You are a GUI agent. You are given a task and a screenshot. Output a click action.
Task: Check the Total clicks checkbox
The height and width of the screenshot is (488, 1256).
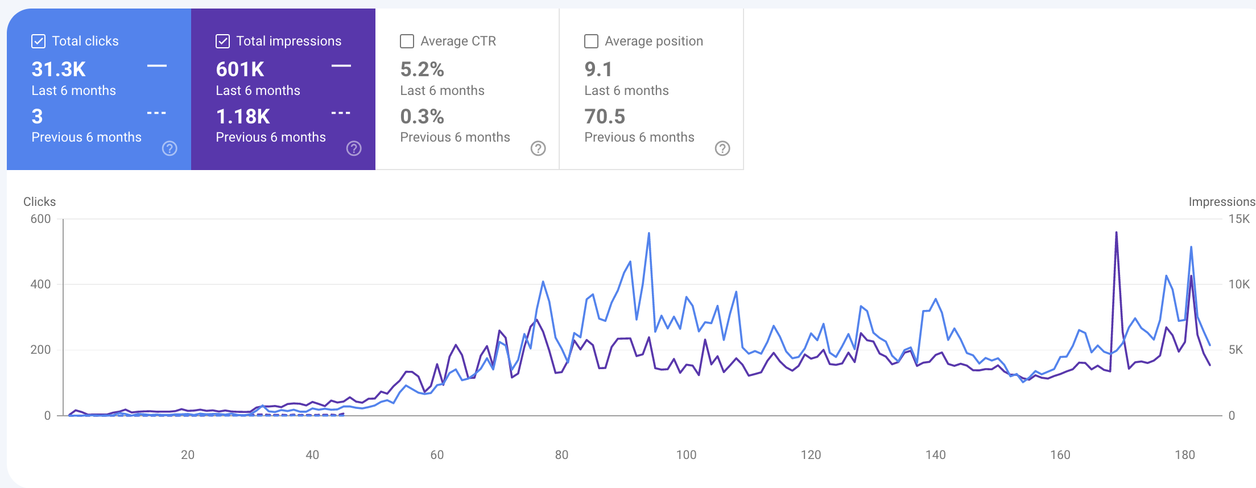[x=39, y=41]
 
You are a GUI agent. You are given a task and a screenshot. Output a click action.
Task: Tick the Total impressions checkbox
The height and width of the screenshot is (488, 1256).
[x=223, y=41]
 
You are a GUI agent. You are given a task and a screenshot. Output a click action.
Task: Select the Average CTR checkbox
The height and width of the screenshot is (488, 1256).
[x=407, y=41]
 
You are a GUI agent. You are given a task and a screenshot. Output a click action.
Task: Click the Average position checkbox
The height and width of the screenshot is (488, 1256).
[x=592, y=41]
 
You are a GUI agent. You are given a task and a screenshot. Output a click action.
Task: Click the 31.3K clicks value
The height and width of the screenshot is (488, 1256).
[x=59, y=69]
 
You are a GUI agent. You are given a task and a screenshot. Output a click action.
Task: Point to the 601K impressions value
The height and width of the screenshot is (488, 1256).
[x=240, y=69]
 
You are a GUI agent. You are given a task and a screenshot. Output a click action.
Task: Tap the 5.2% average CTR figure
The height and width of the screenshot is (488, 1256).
[x=422, y=69]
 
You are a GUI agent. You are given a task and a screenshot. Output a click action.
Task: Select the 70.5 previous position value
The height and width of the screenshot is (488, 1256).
[x=605, y=117]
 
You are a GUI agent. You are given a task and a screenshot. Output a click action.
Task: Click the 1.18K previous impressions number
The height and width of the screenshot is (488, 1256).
[x=243, y=117]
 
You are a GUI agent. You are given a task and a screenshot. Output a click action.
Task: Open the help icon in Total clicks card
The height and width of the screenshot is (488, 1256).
[x=170, y=148]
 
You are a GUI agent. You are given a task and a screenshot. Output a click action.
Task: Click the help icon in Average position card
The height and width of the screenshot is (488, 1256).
[x=722, y=148]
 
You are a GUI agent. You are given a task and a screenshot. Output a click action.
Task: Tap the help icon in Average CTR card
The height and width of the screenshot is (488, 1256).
[x=538, y=148]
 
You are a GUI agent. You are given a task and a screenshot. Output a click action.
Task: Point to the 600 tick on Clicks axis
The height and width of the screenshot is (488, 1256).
[x=40, y=219]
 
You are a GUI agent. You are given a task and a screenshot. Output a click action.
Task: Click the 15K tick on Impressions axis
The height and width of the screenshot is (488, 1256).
[x=1239, y=219]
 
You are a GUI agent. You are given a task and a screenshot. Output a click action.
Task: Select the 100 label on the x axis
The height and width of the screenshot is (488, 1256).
[x=686, y=454]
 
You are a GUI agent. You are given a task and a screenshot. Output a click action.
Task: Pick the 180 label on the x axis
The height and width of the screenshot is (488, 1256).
[x=1185, y=454]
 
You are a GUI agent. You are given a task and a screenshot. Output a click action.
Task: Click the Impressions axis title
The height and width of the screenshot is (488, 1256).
[x=1222, y=202]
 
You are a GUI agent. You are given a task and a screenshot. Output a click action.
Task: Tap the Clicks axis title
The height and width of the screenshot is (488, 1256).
[x=39, y=202]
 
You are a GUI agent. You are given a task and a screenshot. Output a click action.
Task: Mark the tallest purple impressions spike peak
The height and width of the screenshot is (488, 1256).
[x=1117, y=232]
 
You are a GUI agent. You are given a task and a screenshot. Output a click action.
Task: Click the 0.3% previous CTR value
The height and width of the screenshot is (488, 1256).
[x=422, y=117]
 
